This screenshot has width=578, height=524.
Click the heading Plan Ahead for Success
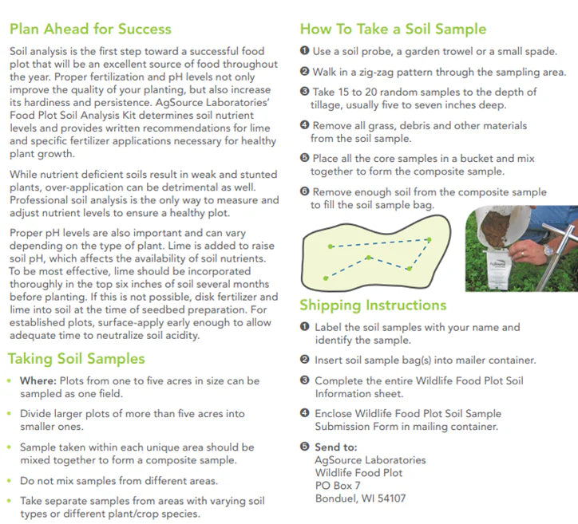90,30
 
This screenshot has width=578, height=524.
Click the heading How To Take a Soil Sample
393,30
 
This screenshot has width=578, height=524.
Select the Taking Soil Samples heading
77,359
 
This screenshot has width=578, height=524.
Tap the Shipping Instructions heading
373,305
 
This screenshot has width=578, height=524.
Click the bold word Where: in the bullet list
38,381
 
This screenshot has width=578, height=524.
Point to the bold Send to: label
336,447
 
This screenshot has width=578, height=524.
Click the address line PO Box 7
338,485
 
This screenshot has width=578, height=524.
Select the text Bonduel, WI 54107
360,498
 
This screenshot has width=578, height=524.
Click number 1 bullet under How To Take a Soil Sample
304,52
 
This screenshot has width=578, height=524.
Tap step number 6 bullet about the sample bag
304,192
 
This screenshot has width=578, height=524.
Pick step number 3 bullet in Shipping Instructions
304,381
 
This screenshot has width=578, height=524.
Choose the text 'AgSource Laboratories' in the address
370,460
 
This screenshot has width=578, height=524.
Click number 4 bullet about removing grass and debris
304,126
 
